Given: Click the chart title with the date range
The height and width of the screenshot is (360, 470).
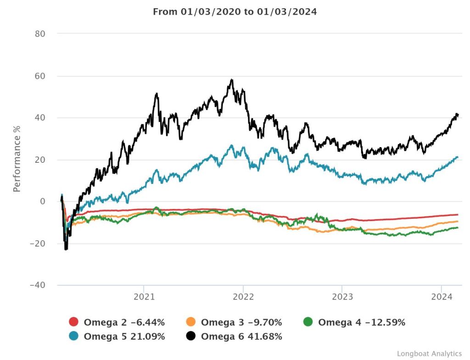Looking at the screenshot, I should (x=235, y=12).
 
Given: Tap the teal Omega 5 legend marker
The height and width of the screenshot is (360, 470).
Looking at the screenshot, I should (x=74, y=337).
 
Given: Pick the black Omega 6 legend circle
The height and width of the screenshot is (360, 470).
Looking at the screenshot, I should (x=192, y=337).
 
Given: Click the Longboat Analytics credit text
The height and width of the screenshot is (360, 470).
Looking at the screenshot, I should (x=429, y=354).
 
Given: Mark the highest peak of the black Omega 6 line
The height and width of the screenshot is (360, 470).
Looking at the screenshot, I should (x=232, y=80).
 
